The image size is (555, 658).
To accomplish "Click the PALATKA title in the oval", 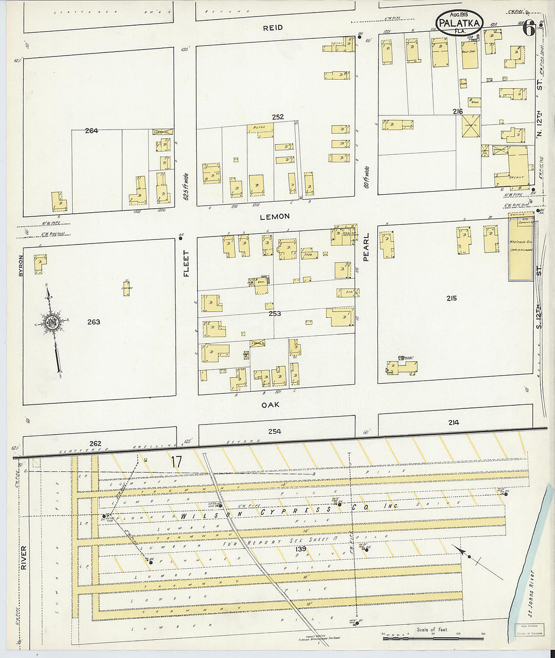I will (459, 23).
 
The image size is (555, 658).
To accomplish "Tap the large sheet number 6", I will (528, 29).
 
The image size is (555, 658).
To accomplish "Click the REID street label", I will (272, 28).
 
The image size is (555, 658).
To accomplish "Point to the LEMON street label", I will (274, 216).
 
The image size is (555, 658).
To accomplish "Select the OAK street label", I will (270, 404).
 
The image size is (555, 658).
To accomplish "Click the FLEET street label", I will (186, 263).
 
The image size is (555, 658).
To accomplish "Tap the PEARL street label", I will (366, 247).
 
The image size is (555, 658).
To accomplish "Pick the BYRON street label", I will (21, 264).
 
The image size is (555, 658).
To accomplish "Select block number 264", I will (91, 131).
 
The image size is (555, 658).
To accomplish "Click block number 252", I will (277, 117).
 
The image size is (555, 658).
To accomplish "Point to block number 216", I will (458, 111).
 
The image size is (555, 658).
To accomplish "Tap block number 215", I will (451, 298).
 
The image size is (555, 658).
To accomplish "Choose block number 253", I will (274, 314).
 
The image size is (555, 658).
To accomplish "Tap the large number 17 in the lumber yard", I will (176, 461).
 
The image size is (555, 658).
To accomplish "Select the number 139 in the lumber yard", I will (301, 549).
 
